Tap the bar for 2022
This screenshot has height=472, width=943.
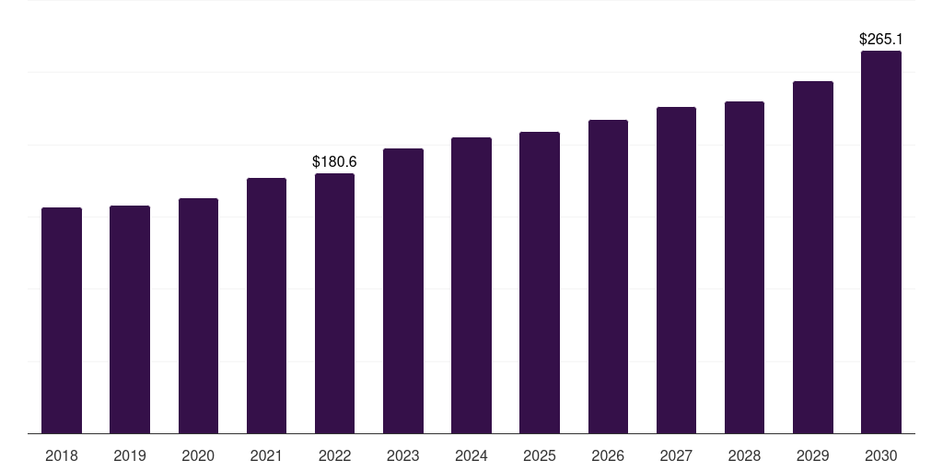334,303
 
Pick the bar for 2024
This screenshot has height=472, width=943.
471,285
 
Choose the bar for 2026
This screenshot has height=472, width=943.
608,277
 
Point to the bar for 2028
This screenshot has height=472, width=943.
744,267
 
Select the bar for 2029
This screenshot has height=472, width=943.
813,257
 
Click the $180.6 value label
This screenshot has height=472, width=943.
334,162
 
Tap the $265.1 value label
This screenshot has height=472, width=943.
881,40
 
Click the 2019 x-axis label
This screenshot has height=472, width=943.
130,455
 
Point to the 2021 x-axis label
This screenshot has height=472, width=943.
266,455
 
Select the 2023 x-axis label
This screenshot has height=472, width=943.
402,455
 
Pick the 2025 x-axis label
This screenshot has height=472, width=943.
540,455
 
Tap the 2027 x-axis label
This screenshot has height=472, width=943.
676,455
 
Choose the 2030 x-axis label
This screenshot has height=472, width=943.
881,455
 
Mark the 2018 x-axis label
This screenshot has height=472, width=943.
62,455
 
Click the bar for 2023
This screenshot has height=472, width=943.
402,290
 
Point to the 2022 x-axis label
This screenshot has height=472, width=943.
334,455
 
